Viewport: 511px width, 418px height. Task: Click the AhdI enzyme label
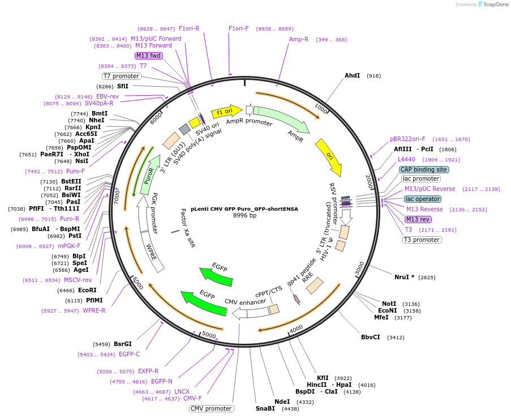click(353, 75)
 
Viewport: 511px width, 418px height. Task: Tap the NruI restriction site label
click(404, 277)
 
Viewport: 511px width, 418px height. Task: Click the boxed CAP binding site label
click(424, 169)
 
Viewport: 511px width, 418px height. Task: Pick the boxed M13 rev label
click(418, 219)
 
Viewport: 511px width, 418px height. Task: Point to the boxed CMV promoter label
click(211, 408)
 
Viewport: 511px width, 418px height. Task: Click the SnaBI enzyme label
click(265, 408)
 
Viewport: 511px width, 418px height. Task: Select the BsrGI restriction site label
click(123, 344)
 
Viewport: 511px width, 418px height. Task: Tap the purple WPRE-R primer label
click(94, 310)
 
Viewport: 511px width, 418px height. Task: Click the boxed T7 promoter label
click(121, 76)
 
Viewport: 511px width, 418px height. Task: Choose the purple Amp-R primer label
click(299, 40)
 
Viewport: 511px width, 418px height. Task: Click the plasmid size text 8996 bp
click(244, 216)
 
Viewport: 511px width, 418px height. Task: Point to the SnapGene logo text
click(493, 5)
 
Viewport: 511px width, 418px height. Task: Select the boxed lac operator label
click(423, 199)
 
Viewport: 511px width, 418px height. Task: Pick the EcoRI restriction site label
click(88, 290)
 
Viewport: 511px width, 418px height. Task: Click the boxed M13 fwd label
click(148, 56)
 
